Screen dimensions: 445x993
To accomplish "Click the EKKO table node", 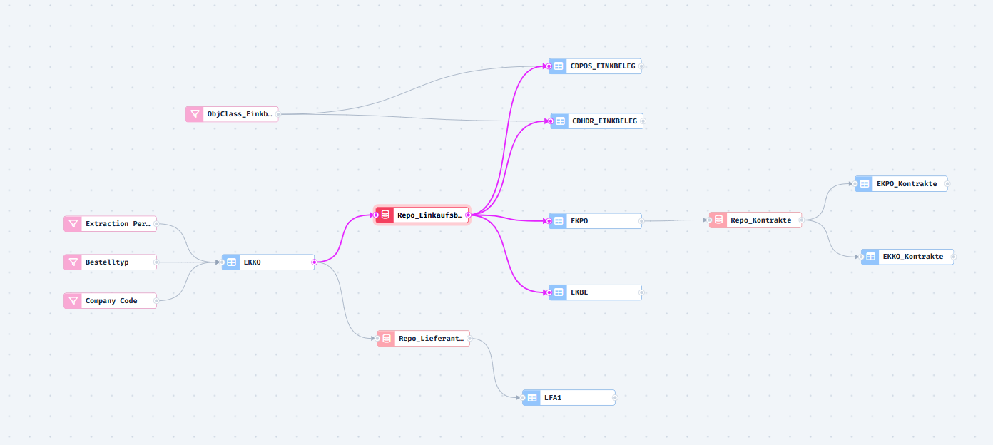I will (x=268, y=262).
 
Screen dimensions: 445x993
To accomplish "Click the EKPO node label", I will (x=579, y=221).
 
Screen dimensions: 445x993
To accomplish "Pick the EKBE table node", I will (x=595, y=292).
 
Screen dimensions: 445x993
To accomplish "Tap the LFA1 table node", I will (x=569, y=398).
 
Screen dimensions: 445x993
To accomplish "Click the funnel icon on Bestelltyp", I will (x=73, y=262).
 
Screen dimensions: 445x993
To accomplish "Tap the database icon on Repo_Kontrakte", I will (x=718, y=220).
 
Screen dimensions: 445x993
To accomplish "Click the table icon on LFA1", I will (x=531, y=398).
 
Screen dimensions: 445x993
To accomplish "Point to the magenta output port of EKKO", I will (x=314, y=262).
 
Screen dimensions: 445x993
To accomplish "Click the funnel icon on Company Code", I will (x=73, y=301).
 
